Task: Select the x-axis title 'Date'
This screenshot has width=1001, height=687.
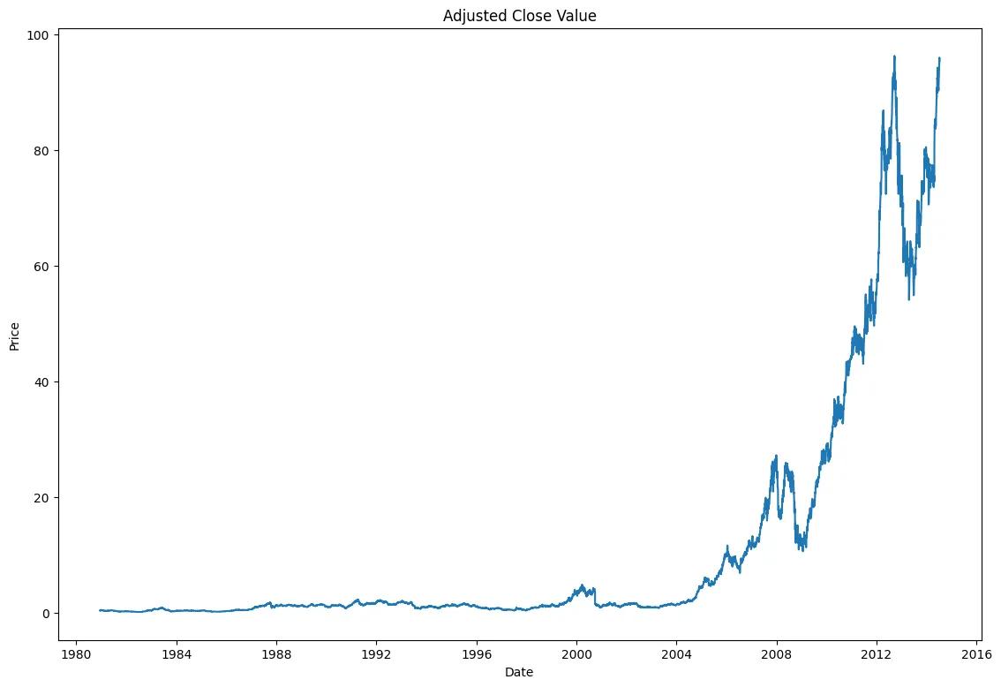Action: click(x=518, y=672)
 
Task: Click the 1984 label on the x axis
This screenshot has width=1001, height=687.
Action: click(x=176, y=654)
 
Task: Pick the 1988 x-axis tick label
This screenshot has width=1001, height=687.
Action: click(x=276, y=654)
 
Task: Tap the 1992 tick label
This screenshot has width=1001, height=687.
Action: click(x=376, y=654)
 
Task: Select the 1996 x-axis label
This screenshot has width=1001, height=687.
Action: click(x=477, y=654)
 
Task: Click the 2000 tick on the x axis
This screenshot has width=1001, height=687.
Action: click(x=576, y=654)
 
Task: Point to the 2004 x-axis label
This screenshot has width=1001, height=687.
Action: click(x=676, y=654)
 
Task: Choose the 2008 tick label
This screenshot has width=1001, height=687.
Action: click(x=777, y=654)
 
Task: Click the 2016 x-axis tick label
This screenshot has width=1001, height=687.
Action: click(x=977, y=654)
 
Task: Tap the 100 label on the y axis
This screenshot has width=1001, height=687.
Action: click(x=41, y=34)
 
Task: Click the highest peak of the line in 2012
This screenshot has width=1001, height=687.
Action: click(x=894, y=57)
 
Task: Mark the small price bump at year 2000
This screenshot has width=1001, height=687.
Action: click(x=582, y=585)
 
